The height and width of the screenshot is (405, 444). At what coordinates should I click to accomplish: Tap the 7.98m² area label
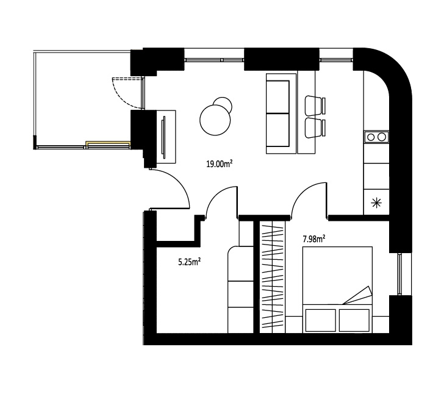pos(313,239)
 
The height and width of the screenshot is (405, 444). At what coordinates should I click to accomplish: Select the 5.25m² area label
pos(190,262)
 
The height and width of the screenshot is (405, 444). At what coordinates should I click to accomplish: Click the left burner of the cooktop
pos(371,137)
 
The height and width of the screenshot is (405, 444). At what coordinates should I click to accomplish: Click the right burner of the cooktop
pos(382,137)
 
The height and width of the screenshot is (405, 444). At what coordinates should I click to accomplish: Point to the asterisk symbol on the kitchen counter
pos(376,203)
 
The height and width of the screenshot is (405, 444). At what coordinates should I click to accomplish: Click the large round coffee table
pos(215,120)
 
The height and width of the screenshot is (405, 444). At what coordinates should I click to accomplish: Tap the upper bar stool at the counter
pos(315,106)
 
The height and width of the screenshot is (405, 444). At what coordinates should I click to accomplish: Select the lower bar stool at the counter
pos(315,128)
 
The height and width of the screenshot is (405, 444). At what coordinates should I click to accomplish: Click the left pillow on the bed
pos(321,320)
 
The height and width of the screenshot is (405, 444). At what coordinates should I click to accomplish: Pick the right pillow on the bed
pos(354,320)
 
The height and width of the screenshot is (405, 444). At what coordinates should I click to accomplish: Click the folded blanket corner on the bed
pos(358,296)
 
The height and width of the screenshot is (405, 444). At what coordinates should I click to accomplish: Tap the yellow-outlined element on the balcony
pos(108,145)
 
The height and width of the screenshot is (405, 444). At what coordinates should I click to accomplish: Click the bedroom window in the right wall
pos(399,274)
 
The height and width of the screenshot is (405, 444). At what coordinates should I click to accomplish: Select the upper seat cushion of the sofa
pos(278,97)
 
